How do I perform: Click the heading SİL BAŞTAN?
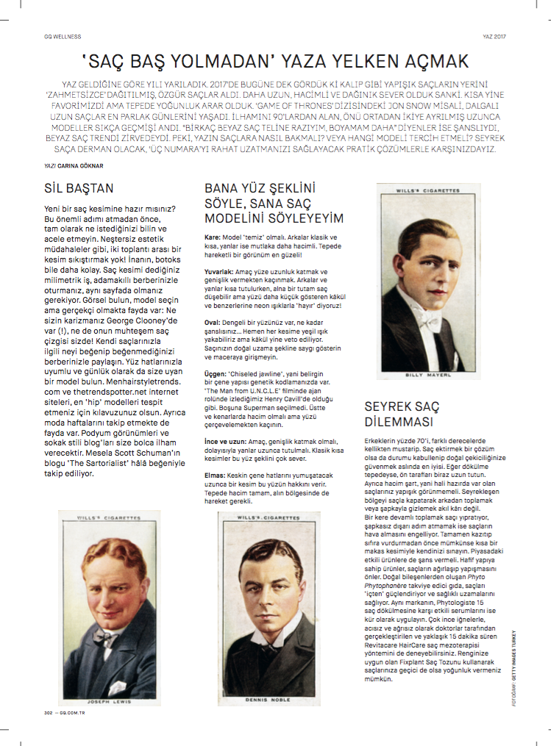(79, 188)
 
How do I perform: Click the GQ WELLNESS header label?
(62, 35)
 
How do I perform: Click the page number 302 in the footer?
(49, 712)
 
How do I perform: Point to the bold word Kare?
(213, 238)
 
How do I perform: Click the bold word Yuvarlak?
(219, 272)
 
